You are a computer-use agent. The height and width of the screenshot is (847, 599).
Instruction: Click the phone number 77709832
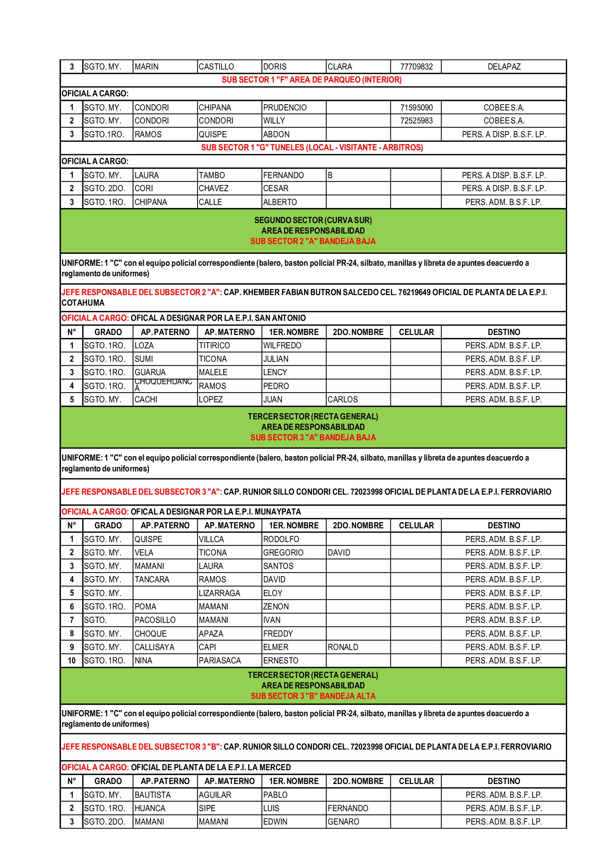[416, 67]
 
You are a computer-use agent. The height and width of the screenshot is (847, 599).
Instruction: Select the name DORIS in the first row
[275, 67]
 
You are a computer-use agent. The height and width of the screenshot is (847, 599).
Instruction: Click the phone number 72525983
[416, 121]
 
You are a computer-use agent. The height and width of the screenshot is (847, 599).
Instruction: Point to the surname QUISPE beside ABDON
[213, 134]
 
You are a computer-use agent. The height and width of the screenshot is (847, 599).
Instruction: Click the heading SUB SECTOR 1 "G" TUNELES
[312, 147]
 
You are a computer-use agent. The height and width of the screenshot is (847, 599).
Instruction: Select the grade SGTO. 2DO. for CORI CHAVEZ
[105, 189]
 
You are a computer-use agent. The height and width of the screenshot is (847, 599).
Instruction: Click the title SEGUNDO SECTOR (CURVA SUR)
[313, 220]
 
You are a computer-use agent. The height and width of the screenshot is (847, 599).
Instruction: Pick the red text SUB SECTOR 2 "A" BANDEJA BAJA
[313, 241]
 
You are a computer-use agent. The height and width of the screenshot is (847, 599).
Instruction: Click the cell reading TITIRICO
[214, 346]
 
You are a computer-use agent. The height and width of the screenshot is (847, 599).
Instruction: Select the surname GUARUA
[150, 373]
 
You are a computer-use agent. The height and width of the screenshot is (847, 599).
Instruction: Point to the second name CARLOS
[343, 399]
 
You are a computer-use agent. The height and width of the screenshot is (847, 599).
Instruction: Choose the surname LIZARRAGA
[219, 593]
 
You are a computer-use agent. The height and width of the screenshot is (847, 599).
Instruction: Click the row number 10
[72, 661]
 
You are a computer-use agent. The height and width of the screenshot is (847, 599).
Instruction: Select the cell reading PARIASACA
[220, 661]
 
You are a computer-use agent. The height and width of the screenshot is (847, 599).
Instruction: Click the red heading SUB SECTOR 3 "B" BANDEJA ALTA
[313, 696]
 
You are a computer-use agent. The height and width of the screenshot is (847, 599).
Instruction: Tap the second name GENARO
[343, 822]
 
